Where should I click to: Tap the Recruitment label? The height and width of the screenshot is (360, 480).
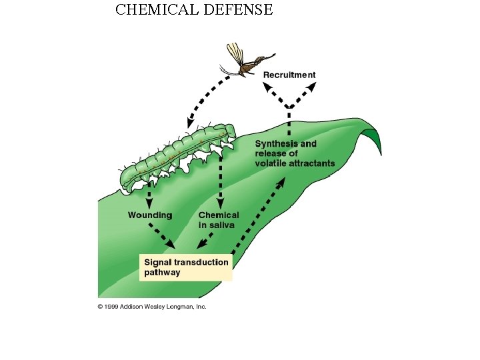click(x=289, y=75)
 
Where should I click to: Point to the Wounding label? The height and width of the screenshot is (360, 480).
click(x=149, y=215)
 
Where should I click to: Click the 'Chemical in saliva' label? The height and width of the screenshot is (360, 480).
click(x=218, y=220)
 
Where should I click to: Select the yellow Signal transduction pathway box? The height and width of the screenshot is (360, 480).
click(x=186, y=267)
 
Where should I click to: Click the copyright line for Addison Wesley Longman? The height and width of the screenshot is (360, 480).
click(x=152, y=306)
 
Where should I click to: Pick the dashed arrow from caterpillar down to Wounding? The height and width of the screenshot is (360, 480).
click(x=149, y=195)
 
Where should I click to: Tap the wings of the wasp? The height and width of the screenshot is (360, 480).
click(x=235, y=55)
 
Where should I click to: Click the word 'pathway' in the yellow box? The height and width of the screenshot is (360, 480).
click(x=162, y=273)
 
